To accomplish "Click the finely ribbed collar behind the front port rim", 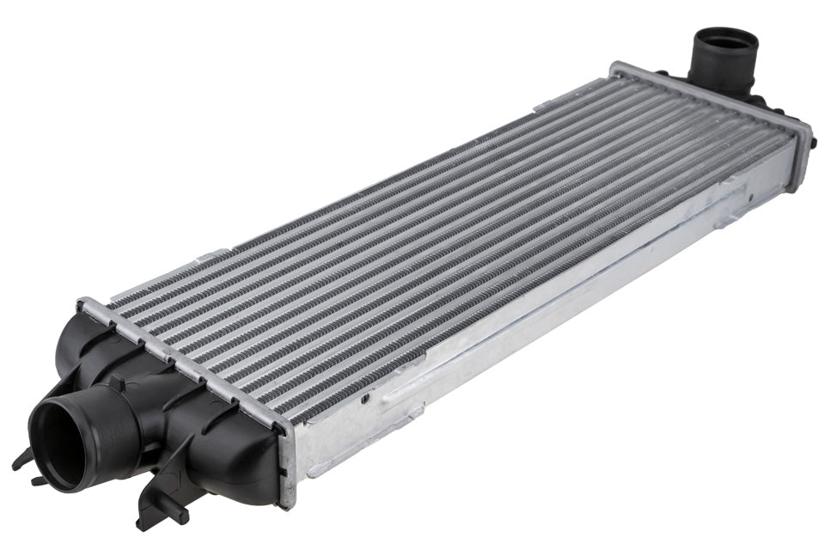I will (103, 420).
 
